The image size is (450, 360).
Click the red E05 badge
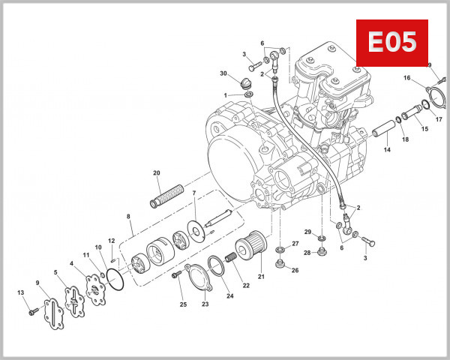tap(391, 43)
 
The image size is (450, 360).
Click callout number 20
tap(157, 173)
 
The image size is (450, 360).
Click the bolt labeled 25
tap(178, 275)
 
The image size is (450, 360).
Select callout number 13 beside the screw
tap(20, 292)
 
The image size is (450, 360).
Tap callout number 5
tap(55, 271)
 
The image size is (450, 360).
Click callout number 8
tap(128, 216)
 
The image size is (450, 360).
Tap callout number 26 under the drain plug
tap(295, 271)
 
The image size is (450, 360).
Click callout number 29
tap(307, 231)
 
